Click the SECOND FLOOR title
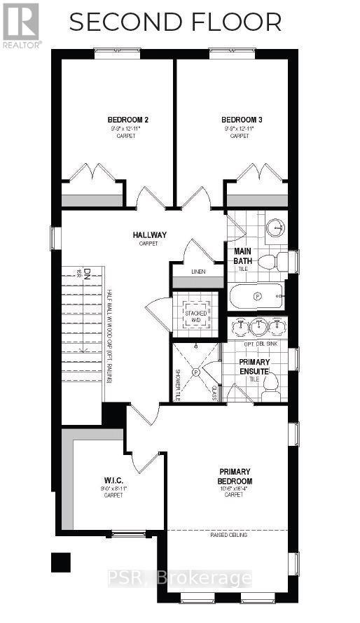click(175, 22)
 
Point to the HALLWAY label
click(148, 235)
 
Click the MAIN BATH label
click(242, 257)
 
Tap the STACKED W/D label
click(195, 316)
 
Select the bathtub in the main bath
click(256, 297)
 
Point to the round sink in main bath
click(277, 227)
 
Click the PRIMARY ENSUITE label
click(254, 366)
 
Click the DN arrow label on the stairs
click(79, 274)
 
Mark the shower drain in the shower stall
click(196, 372)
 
